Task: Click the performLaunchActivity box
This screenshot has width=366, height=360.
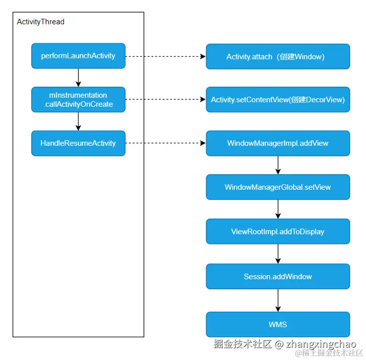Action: coord(78,56)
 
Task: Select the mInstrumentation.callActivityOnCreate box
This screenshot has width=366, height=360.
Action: coord(78,100)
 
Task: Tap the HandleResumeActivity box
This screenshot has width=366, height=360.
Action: coord(78,143)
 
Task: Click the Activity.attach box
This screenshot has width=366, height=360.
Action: coord(278,56)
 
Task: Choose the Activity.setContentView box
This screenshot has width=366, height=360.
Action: coord(278,100)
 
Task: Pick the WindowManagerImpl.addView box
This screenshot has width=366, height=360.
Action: coord(278,143)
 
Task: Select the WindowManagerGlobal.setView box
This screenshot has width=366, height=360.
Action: coord(278,187)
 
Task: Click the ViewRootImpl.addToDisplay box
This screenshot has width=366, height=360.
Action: coord(278,232)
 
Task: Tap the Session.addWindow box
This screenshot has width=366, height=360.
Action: coord(278,277)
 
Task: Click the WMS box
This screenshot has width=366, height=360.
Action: coord(278,324)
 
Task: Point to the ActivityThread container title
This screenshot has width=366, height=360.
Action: coord(41,22)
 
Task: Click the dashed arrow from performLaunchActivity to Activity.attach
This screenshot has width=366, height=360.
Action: coord(165,56)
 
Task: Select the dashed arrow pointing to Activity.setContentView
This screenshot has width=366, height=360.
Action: coord(165,100)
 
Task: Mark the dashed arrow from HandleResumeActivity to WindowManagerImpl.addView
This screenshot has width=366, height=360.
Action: coord(165,143)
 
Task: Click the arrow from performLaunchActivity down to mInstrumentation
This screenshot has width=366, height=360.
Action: coord(78,78)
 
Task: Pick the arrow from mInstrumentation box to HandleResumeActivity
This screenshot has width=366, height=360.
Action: coord(78,122)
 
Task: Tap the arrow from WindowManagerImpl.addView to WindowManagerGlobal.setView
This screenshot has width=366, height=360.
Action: coord(278,165)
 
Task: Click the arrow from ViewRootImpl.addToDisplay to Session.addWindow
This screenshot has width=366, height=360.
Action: coord(278,254)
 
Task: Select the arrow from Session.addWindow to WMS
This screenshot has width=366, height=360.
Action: coord(278,300)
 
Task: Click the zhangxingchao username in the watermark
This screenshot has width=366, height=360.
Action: coord(321,344)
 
